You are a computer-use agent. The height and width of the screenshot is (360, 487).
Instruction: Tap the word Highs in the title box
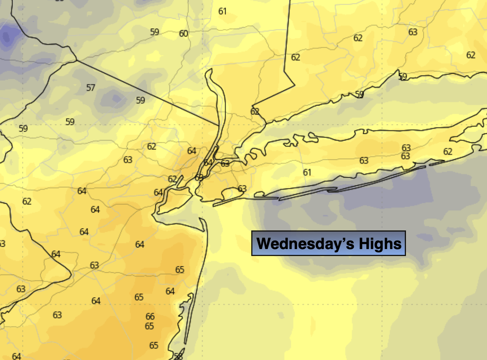tap(380, 244)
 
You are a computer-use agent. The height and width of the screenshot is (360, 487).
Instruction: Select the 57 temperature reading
tap(90, 88)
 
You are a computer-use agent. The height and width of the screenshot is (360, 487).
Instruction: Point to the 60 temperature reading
tap(183, 34)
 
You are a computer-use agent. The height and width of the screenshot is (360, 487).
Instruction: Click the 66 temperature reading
tap(150, 317)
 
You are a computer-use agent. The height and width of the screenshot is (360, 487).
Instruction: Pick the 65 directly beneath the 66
tap(150, 326)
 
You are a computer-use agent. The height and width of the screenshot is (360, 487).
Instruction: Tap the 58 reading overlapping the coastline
tap(178, 356)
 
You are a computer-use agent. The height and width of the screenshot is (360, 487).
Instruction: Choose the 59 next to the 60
tap(155, 32)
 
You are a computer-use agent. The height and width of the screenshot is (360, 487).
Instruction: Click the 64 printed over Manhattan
tap(208, 163)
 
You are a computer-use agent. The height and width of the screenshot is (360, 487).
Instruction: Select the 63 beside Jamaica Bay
tap(242, 189)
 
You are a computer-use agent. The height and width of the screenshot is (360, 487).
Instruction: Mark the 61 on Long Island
tap(307, 172)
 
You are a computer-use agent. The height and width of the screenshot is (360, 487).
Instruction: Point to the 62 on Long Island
tap(448, 152)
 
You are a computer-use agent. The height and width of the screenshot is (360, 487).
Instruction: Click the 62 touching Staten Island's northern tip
tap(173, 179)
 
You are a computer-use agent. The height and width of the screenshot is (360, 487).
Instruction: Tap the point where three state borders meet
tap(77, 61)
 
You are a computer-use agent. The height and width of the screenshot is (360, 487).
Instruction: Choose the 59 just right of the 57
tap(140, 100)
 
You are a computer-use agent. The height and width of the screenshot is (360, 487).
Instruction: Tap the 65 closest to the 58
tap(154, 345)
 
